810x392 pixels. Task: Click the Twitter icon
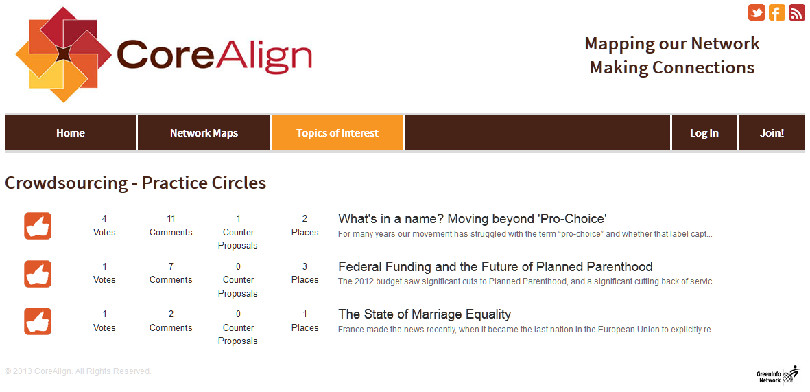tap(757, 12)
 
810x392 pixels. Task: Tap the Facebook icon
tap(777, 12)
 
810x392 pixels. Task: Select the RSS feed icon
tap(797, 12)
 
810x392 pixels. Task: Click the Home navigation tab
tap(70, 133)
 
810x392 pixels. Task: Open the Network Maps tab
tap(204, 133)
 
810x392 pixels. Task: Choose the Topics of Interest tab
tap(337, 133)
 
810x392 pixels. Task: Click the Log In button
tap(704, 133)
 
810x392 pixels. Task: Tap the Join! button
tap(772, 133)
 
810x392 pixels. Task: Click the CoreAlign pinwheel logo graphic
tap(64, 54)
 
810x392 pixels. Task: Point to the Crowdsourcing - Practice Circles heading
tap(135, 183)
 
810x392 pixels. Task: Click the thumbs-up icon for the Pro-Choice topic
tap(38, 226)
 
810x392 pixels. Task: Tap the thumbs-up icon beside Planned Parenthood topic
tap(38, 273)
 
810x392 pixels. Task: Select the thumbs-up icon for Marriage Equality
tap(38, 321)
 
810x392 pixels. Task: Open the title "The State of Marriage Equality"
tap(424, 314)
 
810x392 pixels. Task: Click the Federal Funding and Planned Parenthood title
tap(495, 267)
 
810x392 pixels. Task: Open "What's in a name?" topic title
tap(472, 219)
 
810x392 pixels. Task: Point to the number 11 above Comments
tap(171, 218)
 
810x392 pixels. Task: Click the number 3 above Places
tap(305, 266)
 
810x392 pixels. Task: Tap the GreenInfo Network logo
tap(778, 375)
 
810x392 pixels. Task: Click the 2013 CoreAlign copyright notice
tap(78, 371)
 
